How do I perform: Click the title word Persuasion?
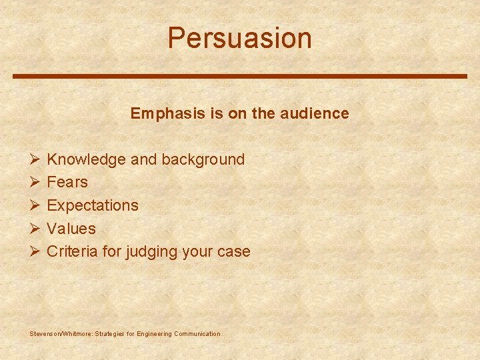pos(239,38)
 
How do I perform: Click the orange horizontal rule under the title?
pos(240,76)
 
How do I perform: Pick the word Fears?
pos(67,182)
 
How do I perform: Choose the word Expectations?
pos(93,205)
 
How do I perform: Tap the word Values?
pos(71,229)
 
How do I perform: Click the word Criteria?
pos(72,251)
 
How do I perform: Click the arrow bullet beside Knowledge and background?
pos(35,160)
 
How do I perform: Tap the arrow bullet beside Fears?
pos(35,183)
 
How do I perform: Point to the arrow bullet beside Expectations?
pos(35,206)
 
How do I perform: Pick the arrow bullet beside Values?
pos(35,229)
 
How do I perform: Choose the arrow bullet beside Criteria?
pos(35,252)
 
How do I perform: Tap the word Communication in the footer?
pos(197,333)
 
